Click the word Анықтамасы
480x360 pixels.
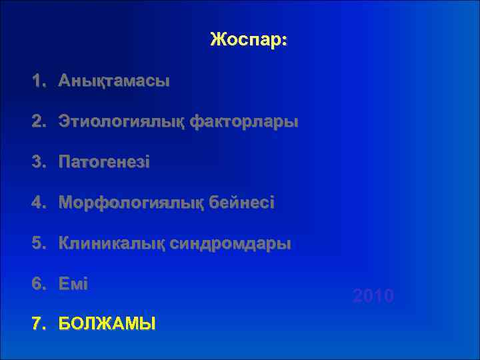[x=113, y=81]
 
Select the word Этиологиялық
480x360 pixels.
[x=122, y=122]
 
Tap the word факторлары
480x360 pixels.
[x=244, y=122]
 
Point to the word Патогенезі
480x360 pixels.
[x=104, y=163]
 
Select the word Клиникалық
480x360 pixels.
[x=112, y=243]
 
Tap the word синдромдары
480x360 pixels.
[x=231, y=243]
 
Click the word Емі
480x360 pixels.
[x=73, y=283]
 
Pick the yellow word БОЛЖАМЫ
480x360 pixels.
[x=107, y=325]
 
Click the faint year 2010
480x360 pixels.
[x=373, y=295]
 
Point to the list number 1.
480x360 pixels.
[x=37, y=81]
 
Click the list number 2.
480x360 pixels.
[x=37, y=122]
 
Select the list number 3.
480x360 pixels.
[x=37, y=163]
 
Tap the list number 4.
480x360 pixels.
[x=37, y=203]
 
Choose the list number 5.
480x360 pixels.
[x=37, y=243]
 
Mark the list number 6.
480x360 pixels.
[x=37, y=283]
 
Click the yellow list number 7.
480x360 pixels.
[x=37, y=325]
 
